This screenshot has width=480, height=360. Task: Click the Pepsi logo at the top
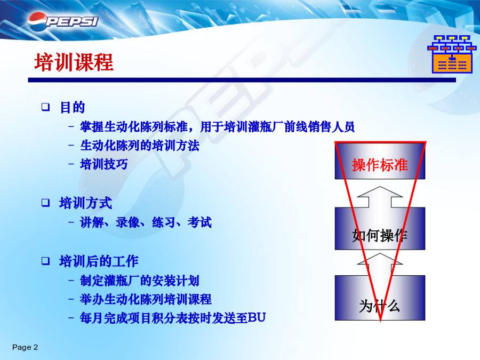63,21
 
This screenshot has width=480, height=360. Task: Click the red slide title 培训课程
74,62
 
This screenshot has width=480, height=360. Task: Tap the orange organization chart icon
452,54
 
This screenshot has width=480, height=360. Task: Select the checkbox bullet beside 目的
46,107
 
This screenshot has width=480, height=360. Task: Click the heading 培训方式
86,203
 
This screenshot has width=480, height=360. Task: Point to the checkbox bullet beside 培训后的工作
46,261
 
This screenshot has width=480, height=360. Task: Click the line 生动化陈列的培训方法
140,146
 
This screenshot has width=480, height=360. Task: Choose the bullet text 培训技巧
104,164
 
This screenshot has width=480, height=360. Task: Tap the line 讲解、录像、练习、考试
146,222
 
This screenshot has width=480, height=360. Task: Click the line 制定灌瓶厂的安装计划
140,281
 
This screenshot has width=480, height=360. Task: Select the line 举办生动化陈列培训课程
146,299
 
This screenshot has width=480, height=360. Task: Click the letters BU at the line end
257,318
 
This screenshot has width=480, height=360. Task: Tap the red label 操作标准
380,165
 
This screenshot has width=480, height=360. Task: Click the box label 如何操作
380,235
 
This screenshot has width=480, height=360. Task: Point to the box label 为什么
380,306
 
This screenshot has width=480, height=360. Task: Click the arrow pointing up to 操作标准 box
380,197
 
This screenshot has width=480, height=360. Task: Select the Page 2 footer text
25,347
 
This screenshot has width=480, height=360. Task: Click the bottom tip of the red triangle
380,322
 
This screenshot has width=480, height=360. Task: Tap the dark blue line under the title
242,80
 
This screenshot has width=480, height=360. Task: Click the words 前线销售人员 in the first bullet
319,127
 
